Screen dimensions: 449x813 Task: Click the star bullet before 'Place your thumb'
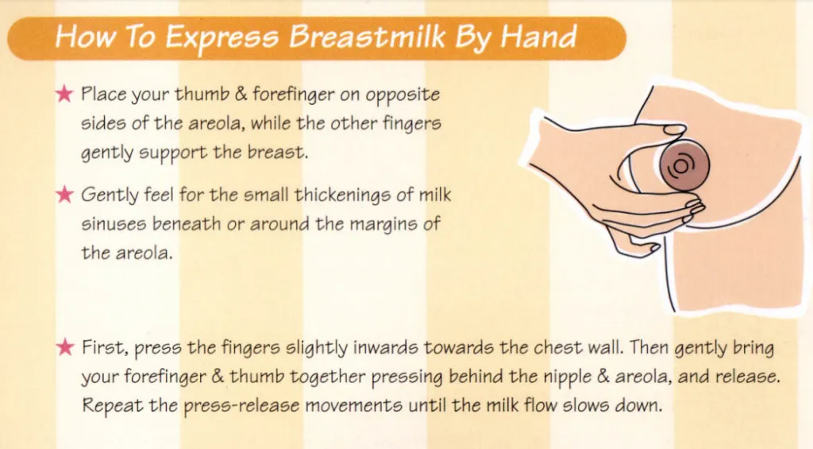(65, 95)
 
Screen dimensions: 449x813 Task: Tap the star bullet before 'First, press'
(65, 347)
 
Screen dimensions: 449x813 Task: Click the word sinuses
(111, 224)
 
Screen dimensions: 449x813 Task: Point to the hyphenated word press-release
(244, 406)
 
